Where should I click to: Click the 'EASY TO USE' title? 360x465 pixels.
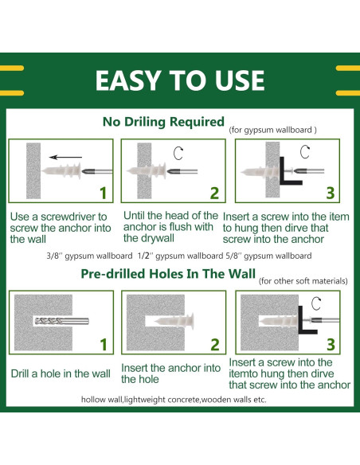(180, 80)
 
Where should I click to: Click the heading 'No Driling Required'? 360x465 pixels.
(163, 122)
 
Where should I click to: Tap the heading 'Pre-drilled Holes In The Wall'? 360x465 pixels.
(168, 274)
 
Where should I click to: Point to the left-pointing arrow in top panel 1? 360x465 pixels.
(65, 157)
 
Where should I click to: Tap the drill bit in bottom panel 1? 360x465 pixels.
(61, 321)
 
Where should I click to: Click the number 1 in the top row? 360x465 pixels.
(103, 193)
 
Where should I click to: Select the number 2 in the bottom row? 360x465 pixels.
(215, 345)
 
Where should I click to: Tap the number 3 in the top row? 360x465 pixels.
(331, 193)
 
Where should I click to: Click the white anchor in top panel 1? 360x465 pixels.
(61, 171)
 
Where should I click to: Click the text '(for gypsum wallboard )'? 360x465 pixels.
(273, 130)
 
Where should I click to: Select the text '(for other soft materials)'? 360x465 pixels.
(303, 281)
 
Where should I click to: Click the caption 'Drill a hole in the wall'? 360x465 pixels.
(61, 373)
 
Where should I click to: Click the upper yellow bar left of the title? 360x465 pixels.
(12, 68)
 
